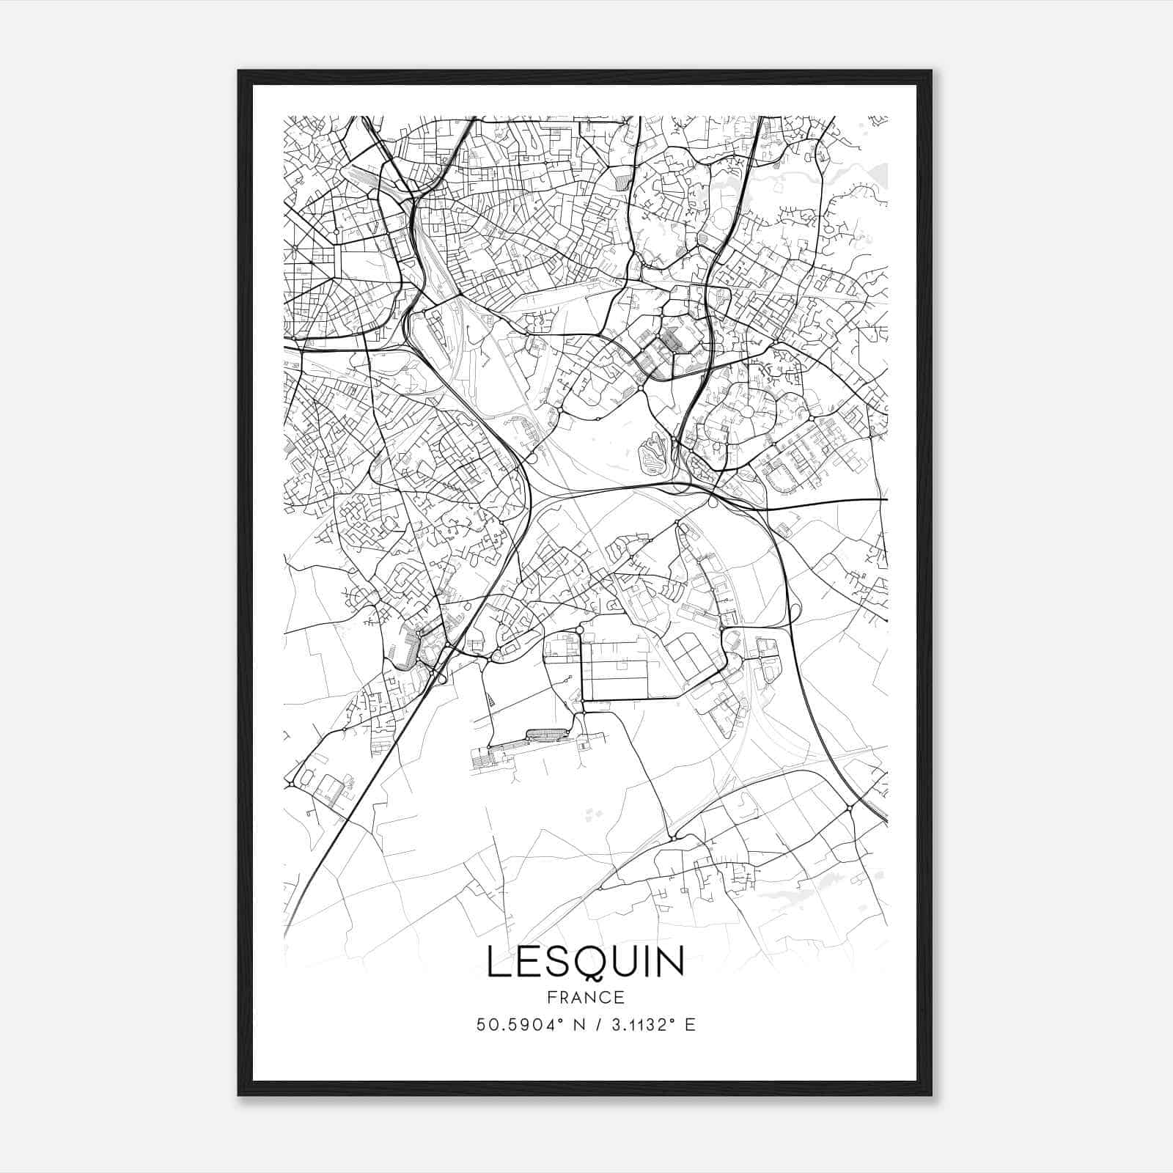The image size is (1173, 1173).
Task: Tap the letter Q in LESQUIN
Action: tap(589, 963)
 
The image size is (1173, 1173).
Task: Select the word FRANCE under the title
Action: tap(585, 998)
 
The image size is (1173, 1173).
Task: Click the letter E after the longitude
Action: tap(689, 1025)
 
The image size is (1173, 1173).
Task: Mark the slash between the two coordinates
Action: tap(599, 1025)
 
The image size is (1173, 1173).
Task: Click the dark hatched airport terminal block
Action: tap(546, 734)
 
